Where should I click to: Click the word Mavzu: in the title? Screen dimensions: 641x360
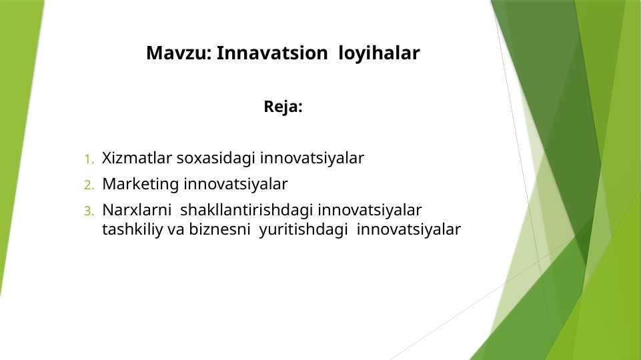179,53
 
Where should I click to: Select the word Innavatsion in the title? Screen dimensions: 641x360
272,53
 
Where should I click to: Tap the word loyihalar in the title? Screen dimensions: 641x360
379,54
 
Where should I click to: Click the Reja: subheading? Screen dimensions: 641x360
283,107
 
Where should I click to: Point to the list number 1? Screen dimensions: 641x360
89,159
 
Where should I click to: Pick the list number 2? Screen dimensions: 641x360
89,185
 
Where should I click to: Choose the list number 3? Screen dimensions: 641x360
89,211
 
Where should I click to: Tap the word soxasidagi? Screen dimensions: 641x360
216,159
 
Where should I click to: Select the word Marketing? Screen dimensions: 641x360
141,185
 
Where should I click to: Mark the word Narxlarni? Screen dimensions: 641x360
137,210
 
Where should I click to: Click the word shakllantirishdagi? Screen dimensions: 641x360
247,211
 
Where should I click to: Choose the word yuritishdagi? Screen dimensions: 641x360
303,230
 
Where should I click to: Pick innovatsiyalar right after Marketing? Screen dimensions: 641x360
235,185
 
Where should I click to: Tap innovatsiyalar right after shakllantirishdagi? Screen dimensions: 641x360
370,211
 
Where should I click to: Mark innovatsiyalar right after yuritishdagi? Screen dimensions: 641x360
409,230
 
